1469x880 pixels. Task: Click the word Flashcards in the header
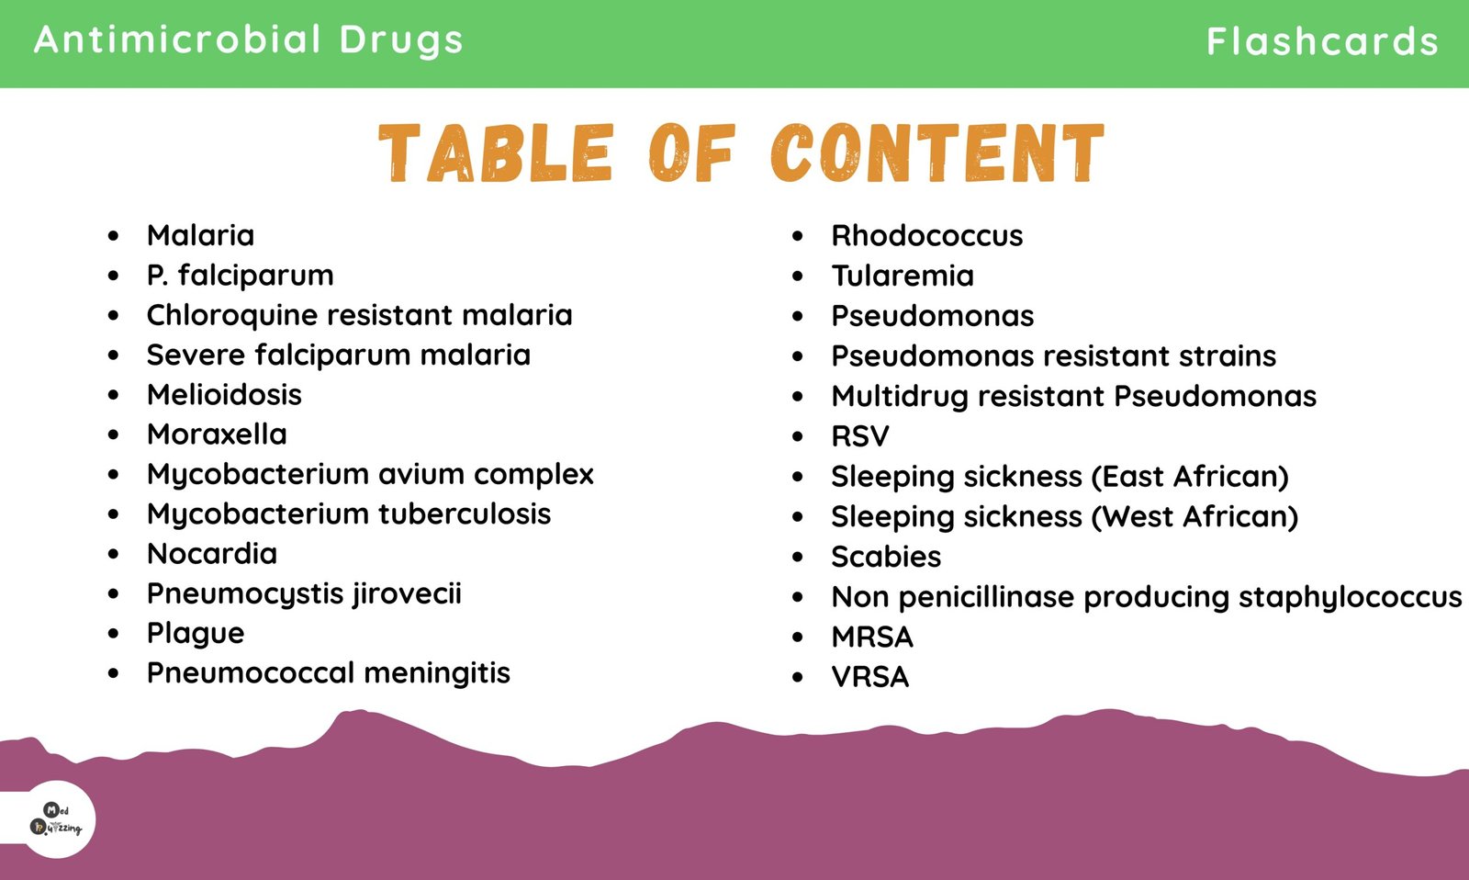tap(1322, 40)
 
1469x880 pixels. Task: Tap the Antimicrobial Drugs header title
tap(249, 39)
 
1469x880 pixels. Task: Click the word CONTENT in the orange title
tap(937, 152)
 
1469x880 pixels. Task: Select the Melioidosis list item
tap(224, 394)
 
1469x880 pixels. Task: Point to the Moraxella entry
tap(217, 434)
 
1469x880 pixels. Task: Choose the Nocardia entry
tap(212, 554)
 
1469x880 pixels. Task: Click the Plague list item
tap(196, 634)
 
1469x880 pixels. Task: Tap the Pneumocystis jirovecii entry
tap(304, 594)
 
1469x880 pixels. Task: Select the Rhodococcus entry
tap(926, 235)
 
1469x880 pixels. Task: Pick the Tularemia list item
tap(903, 276)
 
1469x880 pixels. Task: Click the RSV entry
tap(859, 436)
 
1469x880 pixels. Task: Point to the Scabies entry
tap(886, 558)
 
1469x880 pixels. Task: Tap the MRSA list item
tap(872, 637)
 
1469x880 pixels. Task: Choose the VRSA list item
tap(870, 677)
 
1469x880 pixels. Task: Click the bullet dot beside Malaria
tap(114, 235)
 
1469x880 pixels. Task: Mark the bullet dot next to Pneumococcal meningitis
tap(114, 673)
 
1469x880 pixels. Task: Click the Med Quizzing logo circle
tap(56, 819)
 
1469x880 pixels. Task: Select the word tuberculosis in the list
tap(465, 513)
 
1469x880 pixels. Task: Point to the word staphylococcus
tap(1351, 598)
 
